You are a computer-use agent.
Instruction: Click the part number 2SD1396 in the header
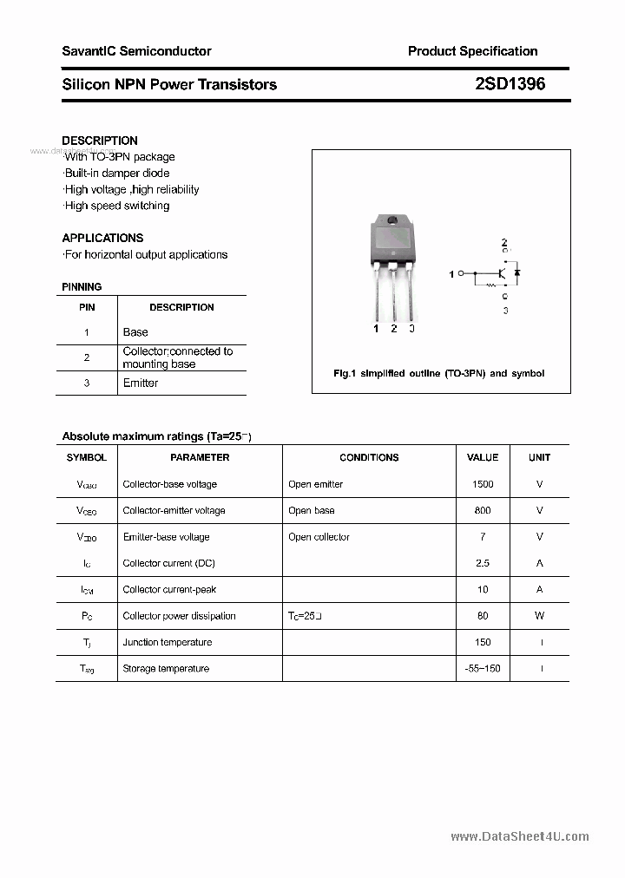coord(510,84)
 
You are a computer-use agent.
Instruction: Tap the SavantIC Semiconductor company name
coord(136,51)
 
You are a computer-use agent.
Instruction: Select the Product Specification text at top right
coord(472,51)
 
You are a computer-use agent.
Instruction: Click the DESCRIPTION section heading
coord(100,141)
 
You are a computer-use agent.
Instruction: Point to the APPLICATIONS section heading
coord(102,238)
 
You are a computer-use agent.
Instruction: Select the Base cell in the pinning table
coord(135,332)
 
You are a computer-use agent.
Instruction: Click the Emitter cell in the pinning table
coord(141,383)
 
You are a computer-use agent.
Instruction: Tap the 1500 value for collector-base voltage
coord(483,484)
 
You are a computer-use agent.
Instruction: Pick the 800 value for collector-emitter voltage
coord(483,511)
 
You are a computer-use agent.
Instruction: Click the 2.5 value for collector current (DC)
coord(483,563)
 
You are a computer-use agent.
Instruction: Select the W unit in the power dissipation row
coord(539,616)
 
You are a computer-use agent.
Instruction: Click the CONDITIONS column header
coord(369,457)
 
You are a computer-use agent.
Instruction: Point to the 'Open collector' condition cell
coord(319,537)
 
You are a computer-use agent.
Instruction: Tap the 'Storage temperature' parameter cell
coord(166,669)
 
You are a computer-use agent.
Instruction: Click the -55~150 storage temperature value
coord(483,669)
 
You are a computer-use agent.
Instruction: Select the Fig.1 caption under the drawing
coord(439,374)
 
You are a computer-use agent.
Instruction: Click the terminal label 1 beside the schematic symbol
coord(451,274)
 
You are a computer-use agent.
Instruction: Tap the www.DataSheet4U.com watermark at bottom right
coord(520,836)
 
